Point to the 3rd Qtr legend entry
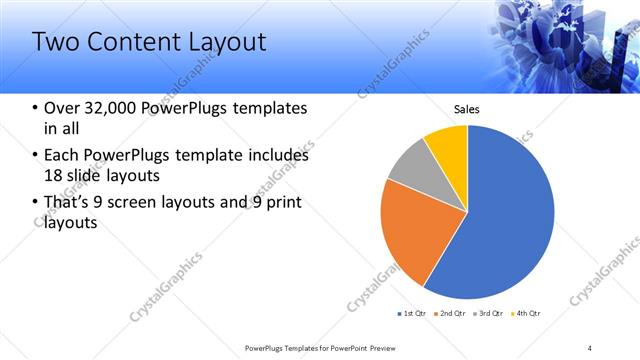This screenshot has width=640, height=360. [489, 314]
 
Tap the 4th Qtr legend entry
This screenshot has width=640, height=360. [527, 314]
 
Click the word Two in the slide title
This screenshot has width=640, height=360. [55, 42]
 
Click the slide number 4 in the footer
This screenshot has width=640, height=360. [589, 347]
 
